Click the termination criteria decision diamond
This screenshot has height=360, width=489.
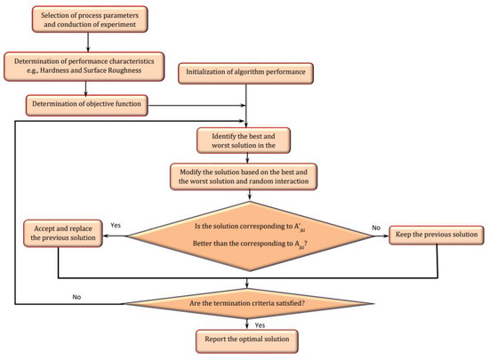[246, 303]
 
